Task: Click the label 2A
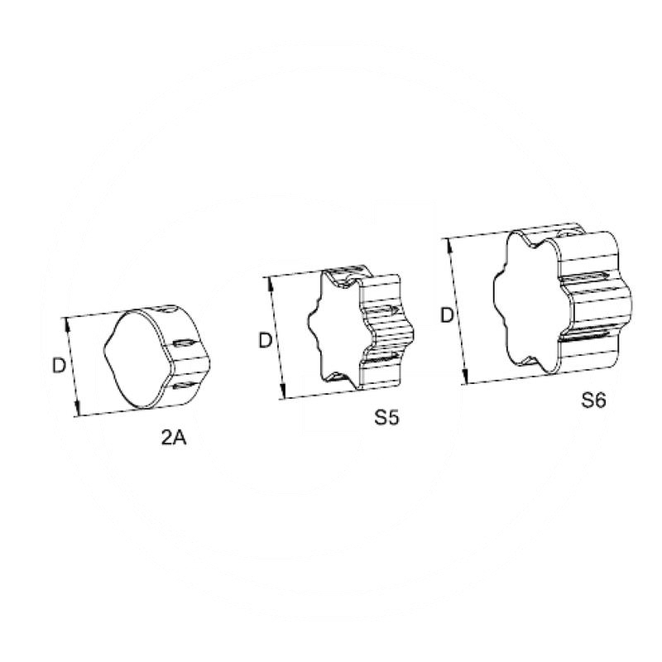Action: click(175, 439)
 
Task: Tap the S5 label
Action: click(386, 418)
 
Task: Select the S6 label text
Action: click(593, 401)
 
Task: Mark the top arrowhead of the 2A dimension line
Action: click(66, 322)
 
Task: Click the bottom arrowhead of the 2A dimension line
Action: click(79, 411)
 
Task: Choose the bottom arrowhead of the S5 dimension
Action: click(284, 396)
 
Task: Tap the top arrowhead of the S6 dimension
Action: click(449, 242)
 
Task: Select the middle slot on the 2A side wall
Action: click(185, 343)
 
